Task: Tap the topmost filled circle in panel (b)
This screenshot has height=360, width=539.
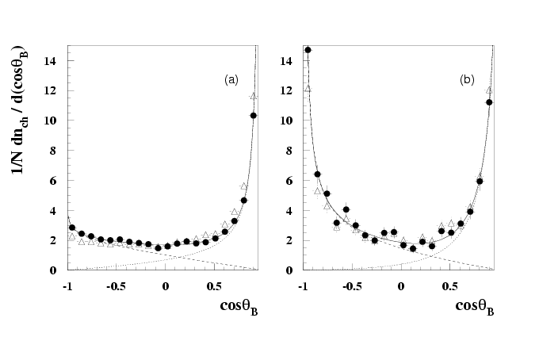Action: pos(308,50)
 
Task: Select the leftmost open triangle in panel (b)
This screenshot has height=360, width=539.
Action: pos(308,88)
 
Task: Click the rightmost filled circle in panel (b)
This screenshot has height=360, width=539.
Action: pos(489,101)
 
